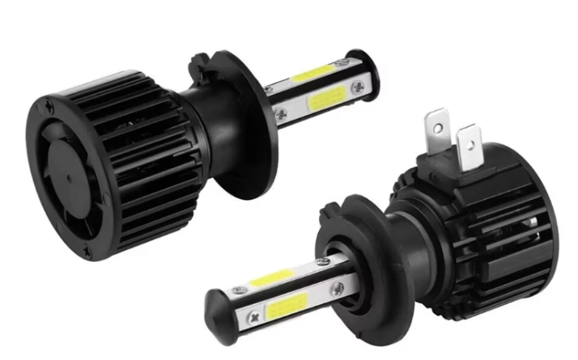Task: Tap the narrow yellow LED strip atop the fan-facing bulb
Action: (x=317, y=74)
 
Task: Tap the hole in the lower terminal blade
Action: (x=467, y=148)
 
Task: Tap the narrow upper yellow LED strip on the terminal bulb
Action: (x=272, y=279)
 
